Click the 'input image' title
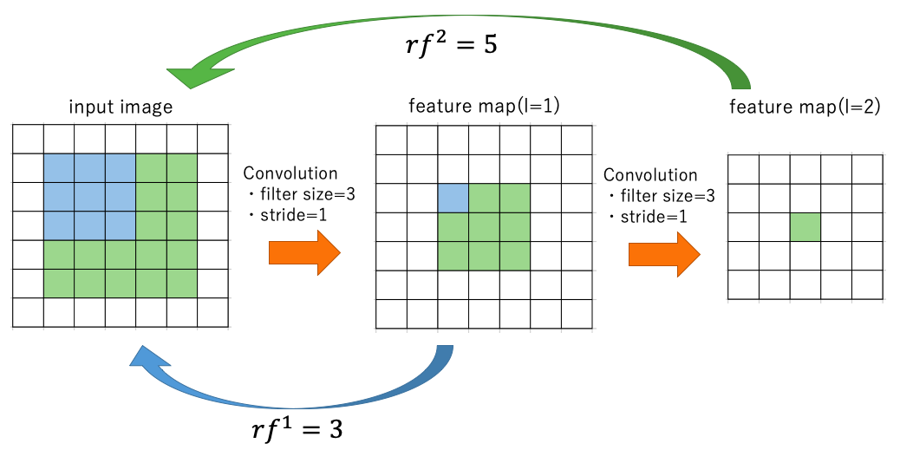121,108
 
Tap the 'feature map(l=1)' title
484,107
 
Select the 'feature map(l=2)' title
805,108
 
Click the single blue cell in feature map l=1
453,198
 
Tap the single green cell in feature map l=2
805,227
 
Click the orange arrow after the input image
304,252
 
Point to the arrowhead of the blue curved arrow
145,358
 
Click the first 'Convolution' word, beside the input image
290,174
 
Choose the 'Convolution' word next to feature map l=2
650,175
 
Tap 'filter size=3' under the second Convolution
665,196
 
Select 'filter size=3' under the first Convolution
305,195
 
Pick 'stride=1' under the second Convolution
653,216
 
